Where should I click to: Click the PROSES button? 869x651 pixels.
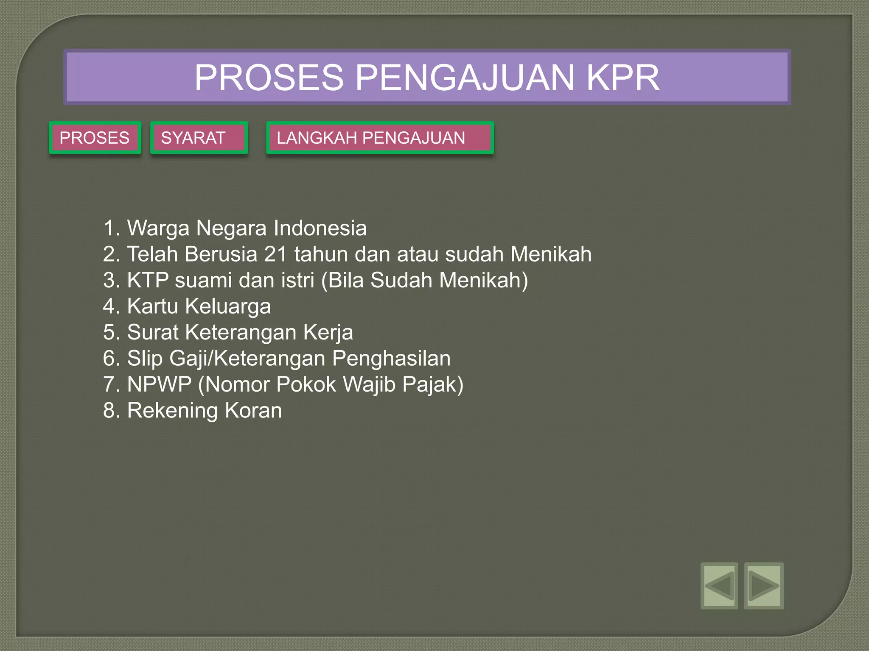[95, 138]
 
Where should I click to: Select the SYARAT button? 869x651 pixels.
[199, 138]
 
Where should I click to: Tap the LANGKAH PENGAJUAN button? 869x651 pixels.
[380, 138]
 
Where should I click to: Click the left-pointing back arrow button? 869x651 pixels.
[719, 586]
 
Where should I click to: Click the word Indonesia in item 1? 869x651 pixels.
[320, 228]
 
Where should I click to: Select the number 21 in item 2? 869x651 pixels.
[275, 254]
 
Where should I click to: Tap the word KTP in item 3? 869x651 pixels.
[148, 280]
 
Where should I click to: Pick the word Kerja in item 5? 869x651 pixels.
[328, 332]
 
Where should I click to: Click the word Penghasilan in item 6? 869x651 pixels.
[391, 359]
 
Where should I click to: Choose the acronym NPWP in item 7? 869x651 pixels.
[160, 384]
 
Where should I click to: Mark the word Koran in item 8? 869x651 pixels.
[253, 410]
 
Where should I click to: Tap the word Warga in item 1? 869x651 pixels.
[158, 228]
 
